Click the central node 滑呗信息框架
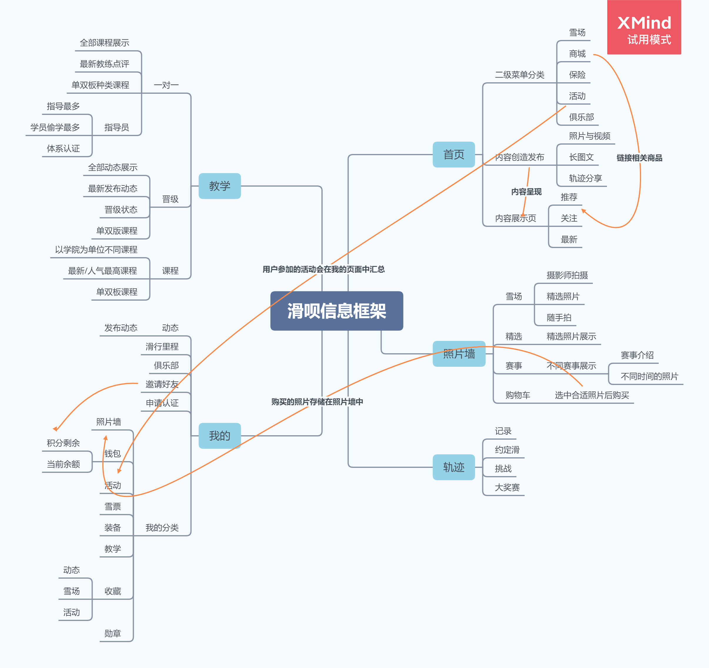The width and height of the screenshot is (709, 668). (336, 311)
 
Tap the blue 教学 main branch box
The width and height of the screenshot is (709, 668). (219, 186)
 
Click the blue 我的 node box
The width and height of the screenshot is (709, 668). (219, 436)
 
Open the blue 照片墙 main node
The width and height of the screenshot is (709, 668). (459, 354)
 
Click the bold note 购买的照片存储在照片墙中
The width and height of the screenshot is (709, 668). (317, 402)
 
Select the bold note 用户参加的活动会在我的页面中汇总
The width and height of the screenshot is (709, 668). (323, 269)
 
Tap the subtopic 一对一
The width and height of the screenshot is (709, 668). (166, 85)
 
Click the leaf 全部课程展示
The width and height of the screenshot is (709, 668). (104, 43)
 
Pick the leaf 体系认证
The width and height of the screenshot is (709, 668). (63, 148)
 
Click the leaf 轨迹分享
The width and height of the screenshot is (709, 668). (585, 178)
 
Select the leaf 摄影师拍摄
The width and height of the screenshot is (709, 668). (567, 275)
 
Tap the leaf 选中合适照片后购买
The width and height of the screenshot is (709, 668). (592, 395)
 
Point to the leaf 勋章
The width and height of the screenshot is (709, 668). (112, 633)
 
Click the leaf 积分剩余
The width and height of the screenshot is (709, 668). (63, 443)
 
